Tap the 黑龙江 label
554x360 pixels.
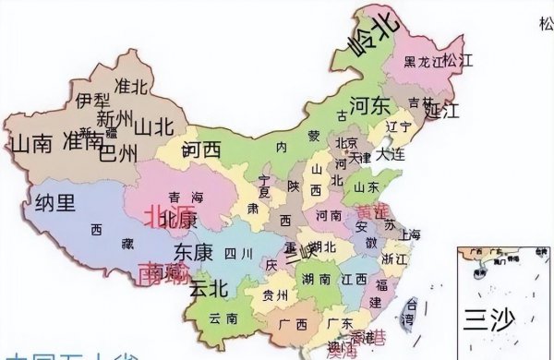click(x=425, y=63)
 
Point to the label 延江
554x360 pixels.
click(x=442, y=112)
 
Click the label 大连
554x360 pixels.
click(x=391, y=153)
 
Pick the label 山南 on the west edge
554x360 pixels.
click(x=30, y=144)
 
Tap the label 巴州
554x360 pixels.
click(x=117, y=150)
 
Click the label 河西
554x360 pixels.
click(x=201, y=148)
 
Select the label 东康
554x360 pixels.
click(x=193, y=252)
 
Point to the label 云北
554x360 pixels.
click(x=208, y=287)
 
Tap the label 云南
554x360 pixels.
click(x=223, y=318)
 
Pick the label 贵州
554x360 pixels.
click(x=274, y=295)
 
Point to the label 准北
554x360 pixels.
click(x=132, y=85)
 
